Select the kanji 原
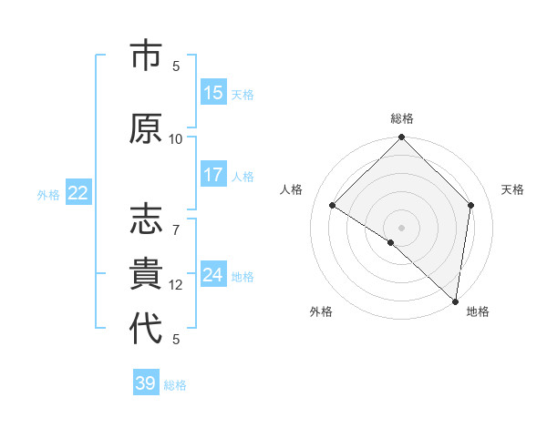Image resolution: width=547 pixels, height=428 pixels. (x=147, y=129)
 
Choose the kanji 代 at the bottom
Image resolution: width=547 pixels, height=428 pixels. (x=147, y=328)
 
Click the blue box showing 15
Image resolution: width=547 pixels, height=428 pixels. (x=213, y=93)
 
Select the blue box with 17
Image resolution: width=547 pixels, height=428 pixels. (x=213, y=176)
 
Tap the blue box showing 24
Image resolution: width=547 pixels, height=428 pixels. (x=213, y=275)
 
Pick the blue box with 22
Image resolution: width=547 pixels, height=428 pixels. (x=78, y=193)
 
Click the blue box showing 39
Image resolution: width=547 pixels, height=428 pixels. (x=146, y=383)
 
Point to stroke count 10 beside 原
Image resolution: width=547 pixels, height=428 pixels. (x=176, y=138)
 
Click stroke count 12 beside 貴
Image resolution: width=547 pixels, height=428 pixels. (x=176, y=285)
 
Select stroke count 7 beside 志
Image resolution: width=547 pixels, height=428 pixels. (x=176, y=219)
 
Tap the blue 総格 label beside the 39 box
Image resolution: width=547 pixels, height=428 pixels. (x=175, y=385)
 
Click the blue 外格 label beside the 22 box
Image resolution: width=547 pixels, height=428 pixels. (x=49, y=194)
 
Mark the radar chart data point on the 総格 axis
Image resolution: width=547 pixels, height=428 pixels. (x=401, y=138)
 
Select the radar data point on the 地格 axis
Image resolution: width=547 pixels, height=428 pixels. (x=456, y=301)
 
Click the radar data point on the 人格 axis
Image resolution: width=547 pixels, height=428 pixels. (x=333, y=205)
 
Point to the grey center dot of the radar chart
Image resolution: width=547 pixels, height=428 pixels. (x=401, y=227)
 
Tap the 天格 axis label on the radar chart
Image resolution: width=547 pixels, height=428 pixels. (x=512, y=189)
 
